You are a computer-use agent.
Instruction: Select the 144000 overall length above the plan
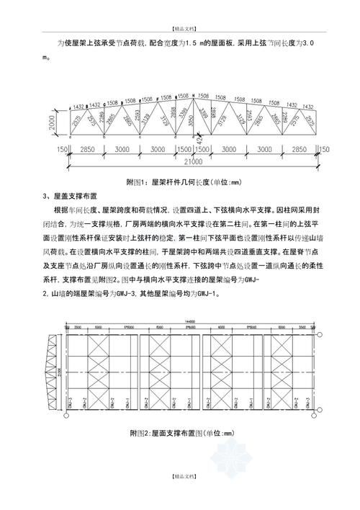[x=189, y=321]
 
